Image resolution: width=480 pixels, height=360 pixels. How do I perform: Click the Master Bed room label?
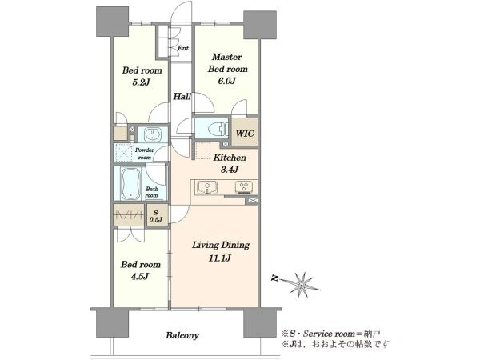pos(228,62)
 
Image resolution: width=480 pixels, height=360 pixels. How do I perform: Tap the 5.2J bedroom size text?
pos(141,82)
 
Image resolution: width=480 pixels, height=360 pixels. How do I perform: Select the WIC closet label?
pos(245,134)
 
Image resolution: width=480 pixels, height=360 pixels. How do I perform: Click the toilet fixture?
pos(218,129)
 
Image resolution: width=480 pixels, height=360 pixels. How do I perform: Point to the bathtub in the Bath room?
pos(130,183)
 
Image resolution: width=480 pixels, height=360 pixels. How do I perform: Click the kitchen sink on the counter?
pos(207,187)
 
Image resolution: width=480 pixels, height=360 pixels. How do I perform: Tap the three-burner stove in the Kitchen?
pos(244,187)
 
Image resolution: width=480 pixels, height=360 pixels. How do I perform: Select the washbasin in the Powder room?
pos(153,134)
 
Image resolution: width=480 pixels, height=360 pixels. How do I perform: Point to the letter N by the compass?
pos(274,278)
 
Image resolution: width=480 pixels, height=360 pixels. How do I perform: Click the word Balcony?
pos(182,335)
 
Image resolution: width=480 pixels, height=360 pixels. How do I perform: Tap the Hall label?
pos(182,97)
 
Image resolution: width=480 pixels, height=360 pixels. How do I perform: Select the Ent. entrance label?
pos(184,48)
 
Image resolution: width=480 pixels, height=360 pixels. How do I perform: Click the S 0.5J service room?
pos(156,215)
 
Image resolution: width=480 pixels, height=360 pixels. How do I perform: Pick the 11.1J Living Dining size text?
pos(219,258)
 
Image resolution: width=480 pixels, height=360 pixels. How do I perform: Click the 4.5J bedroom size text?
pos(140,277)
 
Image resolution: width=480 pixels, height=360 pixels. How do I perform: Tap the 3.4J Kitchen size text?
pos(230,170)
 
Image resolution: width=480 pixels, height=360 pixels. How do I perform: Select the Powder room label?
pos(145,154)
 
